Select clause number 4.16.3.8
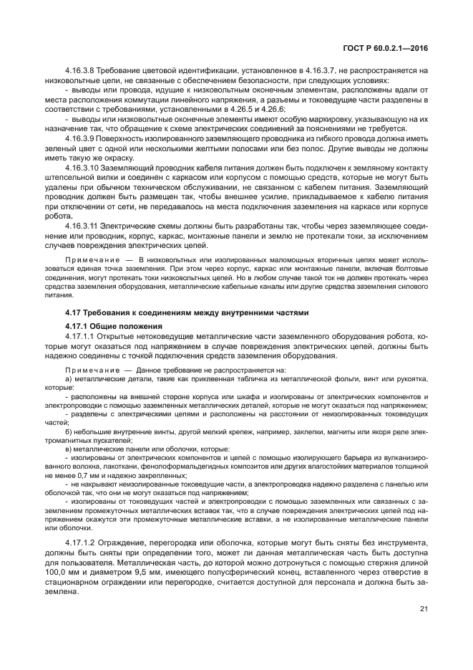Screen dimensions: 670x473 coord(81,71)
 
